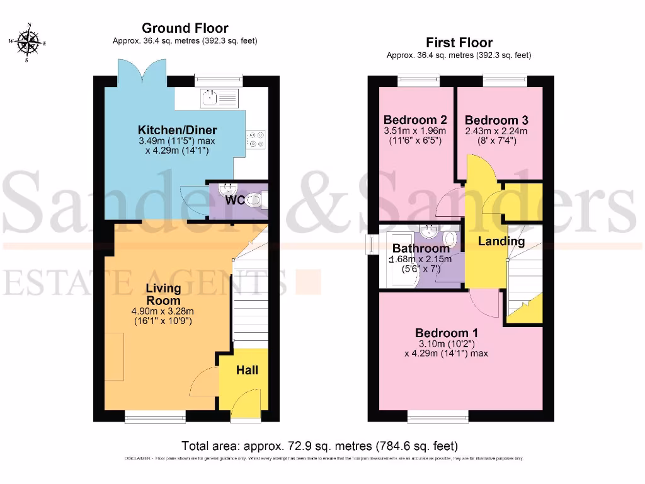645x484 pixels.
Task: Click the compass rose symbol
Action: pyautogui.click(x=28, y=43)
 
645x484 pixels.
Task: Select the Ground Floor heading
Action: pyautogui.click(x=185, y=28)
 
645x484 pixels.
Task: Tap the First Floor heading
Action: pyautogui.click(x=459, y=42)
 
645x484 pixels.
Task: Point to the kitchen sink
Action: pyautogui.click(x=210, y=98)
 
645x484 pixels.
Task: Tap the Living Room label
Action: pyautogui.click(x=163, y=294)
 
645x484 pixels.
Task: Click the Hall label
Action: pyautogui.click(x=247, y=370)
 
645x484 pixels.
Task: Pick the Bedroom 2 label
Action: pyautogui.click(x=416, y=120)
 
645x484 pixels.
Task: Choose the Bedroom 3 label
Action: pyautogui.click(x=496, y=120)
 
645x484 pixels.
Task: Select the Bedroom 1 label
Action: pyautogui.click(x=446, y=333)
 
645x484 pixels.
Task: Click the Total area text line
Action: pyautogui.click(x=319, y=445)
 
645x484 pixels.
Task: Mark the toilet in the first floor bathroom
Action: pyautogui.click(x=450, y=239)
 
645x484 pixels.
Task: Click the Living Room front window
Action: pyautogui.click(x=155, y=415)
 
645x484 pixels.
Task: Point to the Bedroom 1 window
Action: pyautogui.click(x=438, y=415)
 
